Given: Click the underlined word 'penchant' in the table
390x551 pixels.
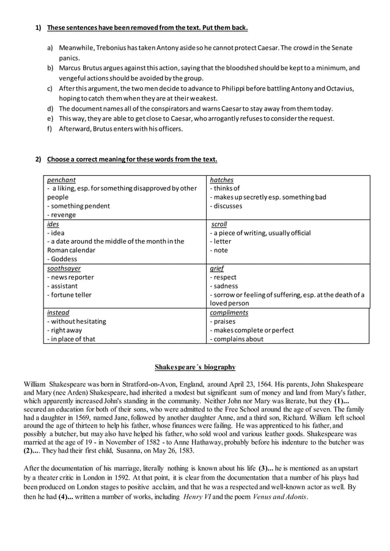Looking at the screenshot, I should click(61, 180).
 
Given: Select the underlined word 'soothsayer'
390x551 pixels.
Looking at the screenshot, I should click(64, 268).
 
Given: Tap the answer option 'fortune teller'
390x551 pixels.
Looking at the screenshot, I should click(71, 294).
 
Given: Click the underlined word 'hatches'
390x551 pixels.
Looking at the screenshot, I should click(221, 180).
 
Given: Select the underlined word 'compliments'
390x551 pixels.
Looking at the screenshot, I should click(229, 312).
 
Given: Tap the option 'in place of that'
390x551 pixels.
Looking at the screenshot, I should click(73, 339).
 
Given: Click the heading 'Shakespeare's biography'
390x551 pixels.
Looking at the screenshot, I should click(194, 367).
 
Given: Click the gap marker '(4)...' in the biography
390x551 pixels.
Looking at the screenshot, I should click(67, 497).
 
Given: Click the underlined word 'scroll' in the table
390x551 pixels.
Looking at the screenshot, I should click(218, 224).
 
